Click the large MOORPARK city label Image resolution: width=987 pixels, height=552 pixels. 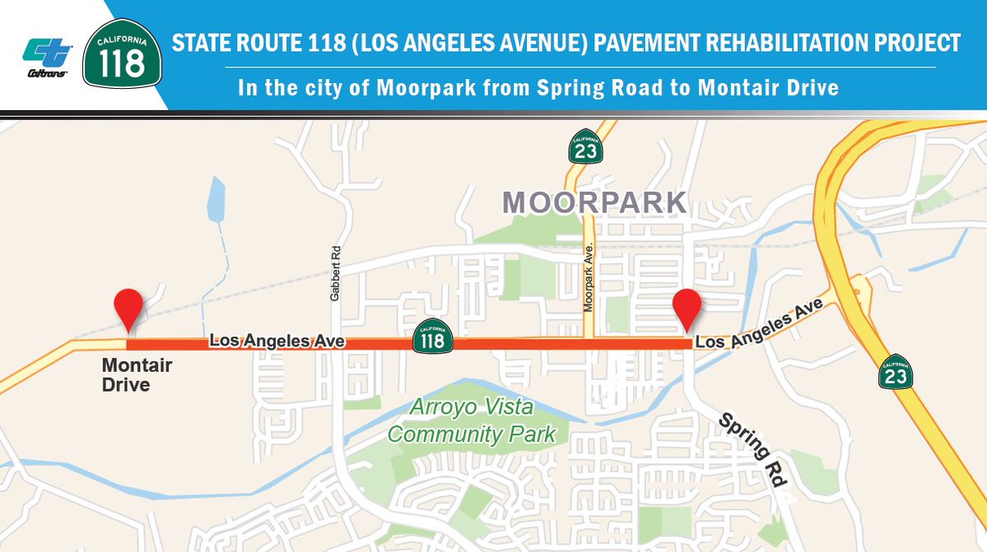594,202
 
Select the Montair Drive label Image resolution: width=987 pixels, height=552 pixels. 126,373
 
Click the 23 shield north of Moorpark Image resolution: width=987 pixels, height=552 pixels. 585,146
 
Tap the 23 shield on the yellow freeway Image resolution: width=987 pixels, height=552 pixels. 895,372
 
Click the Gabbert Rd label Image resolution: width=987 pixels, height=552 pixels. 335,274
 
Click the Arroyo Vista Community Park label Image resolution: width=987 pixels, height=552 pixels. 472,420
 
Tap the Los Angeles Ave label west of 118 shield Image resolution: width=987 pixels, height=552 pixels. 276,340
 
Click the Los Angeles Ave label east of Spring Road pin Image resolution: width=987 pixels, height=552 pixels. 759,327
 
